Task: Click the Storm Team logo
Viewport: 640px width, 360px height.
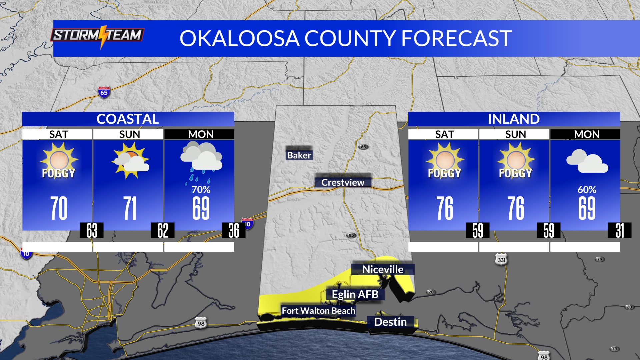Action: tap(97, 35)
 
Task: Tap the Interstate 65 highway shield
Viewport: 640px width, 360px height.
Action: tap(104, 92)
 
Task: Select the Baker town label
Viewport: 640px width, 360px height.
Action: tap(299, 155)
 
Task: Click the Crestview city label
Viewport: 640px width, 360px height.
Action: tap(343, 182)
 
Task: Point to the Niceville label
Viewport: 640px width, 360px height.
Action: tap(383, 269)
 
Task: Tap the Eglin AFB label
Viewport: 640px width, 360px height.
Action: tap(355, 294)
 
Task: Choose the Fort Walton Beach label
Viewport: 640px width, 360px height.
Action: tap(318, 311)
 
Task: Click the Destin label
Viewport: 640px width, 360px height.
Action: tap(390, 322)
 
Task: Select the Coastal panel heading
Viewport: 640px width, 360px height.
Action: tap(128, 119)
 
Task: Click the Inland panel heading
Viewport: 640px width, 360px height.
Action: tap(514, 119)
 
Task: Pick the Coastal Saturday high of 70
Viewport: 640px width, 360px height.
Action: tap(59, 208)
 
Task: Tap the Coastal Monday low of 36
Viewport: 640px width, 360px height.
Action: tap(234, 230)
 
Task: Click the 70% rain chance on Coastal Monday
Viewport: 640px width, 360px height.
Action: tap(201, 190)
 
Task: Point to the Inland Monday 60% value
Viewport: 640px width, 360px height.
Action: tap(587, 190)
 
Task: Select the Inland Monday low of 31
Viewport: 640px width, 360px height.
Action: tap(620, 230)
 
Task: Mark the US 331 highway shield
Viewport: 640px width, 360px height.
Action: tap(501, 259)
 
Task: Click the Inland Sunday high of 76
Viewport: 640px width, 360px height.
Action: tap(515, 208)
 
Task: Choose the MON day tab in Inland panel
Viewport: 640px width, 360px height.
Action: tap(586, 134)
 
